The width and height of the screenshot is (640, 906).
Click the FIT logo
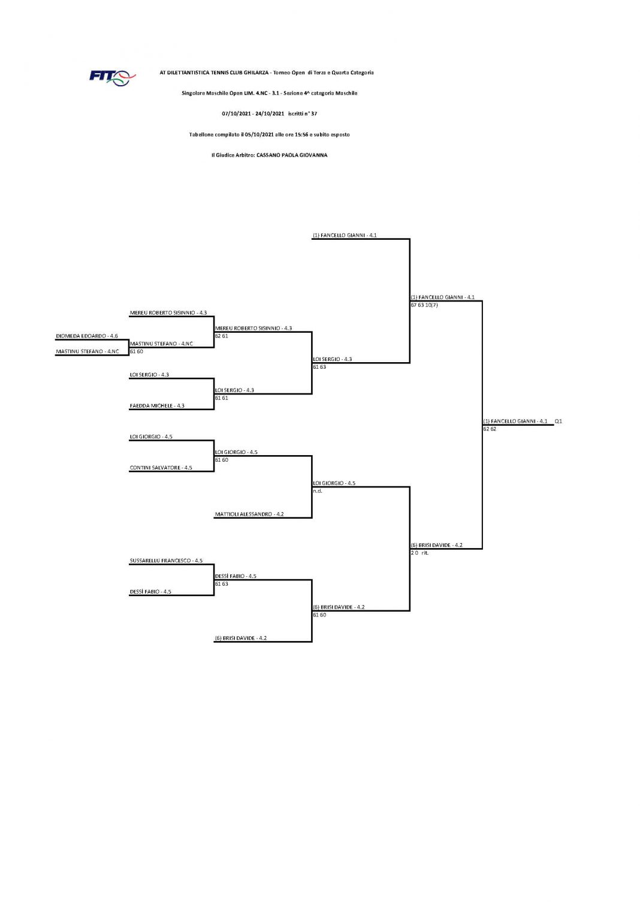112,77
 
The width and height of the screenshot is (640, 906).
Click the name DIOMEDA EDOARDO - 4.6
87,336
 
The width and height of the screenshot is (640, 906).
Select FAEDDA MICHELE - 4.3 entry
157,406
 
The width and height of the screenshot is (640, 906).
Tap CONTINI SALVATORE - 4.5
161,468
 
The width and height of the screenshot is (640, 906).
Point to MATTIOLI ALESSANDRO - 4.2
249,514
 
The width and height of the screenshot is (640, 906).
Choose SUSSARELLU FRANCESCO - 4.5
166,561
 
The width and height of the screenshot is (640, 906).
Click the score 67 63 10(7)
424,305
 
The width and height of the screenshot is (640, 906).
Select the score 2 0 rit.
419,553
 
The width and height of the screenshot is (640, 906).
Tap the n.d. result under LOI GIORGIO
318,491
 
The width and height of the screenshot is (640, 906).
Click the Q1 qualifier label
559,421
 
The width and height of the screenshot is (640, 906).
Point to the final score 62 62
490,429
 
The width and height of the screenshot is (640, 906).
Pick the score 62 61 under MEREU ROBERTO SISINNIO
222,336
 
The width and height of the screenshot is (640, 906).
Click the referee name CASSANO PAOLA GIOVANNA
292,155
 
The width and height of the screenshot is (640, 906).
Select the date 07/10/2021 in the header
237,114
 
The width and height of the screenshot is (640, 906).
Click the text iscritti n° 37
303,114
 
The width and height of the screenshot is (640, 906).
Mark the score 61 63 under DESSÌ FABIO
222,583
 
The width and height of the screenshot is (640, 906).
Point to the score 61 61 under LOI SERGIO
222,398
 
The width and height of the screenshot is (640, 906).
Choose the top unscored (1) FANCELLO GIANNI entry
345,235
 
